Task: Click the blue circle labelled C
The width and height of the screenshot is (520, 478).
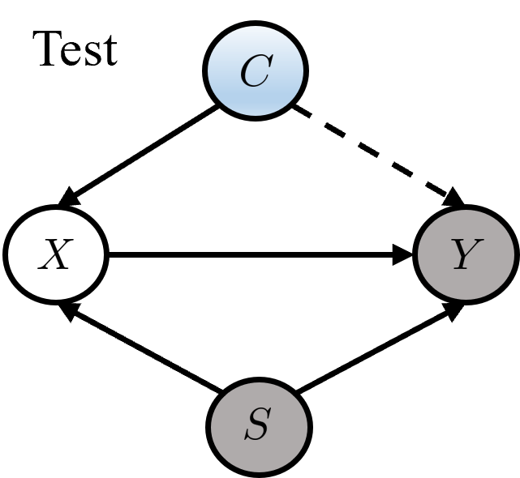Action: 256,71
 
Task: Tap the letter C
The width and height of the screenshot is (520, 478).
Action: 255,72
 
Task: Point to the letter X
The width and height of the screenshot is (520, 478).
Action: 55,256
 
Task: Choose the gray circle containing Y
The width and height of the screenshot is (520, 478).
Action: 466,254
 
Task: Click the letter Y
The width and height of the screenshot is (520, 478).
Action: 465,256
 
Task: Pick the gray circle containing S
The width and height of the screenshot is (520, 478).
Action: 259,425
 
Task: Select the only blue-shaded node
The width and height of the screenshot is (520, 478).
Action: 256,71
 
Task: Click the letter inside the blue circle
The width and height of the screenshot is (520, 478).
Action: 255,72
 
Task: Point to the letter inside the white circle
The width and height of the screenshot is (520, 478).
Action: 55,256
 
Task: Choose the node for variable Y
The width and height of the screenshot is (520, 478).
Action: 466,254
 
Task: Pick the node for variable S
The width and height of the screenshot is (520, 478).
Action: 259,425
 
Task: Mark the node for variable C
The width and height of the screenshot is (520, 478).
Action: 256,71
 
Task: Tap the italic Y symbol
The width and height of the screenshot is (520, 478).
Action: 465,256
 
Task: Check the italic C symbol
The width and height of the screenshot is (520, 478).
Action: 255,72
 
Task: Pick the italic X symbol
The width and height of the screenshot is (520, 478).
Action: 55,256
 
